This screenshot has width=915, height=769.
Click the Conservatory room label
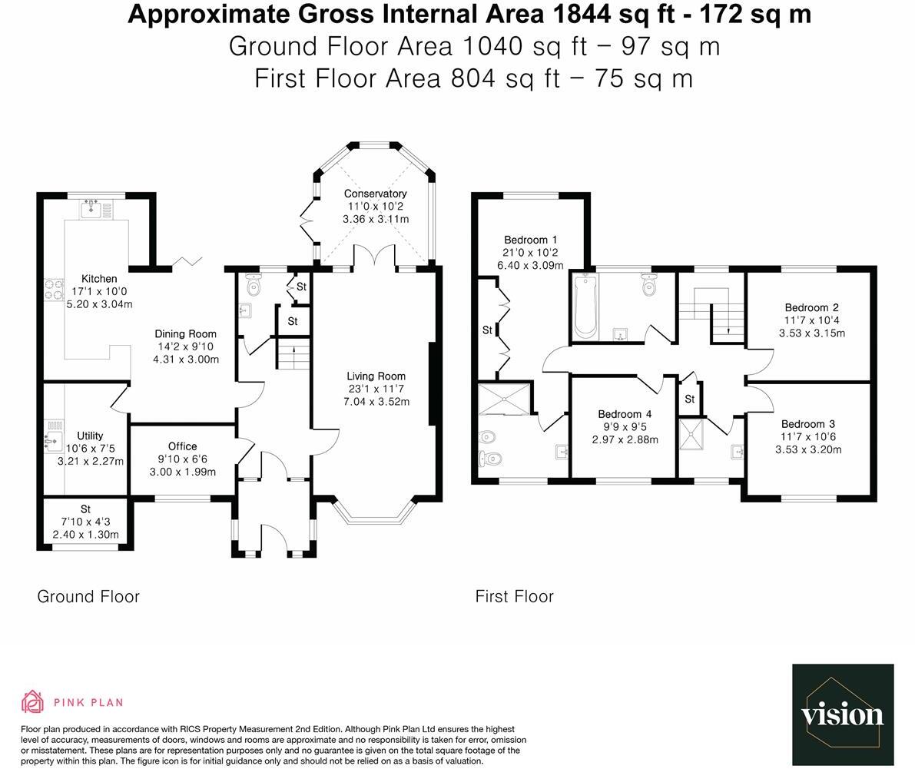pyautogui.click(x=375, y=194)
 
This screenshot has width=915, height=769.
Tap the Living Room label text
pyautogui.click(x=376, y=376)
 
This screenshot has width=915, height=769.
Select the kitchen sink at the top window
pyautogui.click(x=91, y=207)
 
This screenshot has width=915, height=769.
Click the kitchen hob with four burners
pyautogui.click(x=52, y=289)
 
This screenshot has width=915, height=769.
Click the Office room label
pyautogui.click(x=182, y=446)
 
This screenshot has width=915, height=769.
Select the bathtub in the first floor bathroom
pyautogui.click(x=585, y=307)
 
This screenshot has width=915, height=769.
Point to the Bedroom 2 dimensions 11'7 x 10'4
pyautogui.click(x=811, y=320)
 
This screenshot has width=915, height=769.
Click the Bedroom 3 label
pyautogui.click(x=807, y=424)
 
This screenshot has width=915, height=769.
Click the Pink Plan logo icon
pyautogui.click(x=33, y=701)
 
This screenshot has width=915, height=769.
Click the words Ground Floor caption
pyautogui.click(x=88, y=597)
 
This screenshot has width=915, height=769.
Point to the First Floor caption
pyautogui.click(x=514, y=597)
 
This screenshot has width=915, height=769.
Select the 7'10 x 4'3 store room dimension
pyautogui.click(x=85, y=522)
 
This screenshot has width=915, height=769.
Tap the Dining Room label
pyautogui.click(x=185, y=334)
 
